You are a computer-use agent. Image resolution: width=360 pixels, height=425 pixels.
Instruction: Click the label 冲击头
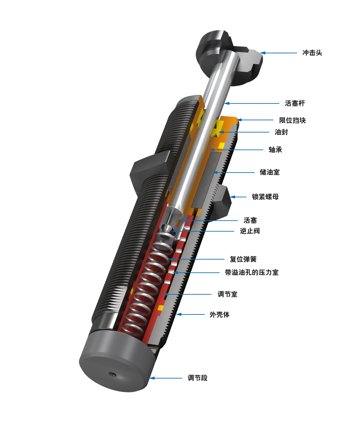312,53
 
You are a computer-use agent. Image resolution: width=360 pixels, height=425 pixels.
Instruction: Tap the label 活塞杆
295,103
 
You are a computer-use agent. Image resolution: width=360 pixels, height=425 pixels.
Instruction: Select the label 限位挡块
292,120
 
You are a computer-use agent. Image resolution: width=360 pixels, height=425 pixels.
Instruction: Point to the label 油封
281,132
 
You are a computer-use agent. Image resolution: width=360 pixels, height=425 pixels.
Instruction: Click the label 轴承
275,150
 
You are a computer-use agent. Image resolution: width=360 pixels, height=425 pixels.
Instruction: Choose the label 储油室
270,172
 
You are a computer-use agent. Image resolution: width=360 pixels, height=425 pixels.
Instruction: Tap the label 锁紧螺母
265,197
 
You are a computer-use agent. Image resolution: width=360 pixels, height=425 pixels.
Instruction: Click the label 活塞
250,220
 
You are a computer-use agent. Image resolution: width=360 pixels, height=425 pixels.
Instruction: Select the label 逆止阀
250,231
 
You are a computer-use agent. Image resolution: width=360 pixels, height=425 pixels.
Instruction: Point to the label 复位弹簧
243,259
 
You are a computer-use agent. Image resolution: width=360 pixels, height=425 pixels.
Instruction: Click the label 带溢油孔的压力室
252,273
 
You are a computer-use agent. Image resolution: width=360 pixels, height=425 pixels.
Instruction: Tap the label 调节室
227,294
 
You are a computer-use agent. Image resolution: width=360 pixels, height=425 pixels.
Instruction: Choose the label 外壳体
219,314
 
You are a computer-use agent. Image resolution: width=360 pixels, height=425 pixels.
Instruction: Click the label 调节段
198,378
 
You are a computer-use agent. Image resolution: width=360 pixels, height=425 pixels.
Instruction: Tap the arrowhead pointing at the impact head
262,53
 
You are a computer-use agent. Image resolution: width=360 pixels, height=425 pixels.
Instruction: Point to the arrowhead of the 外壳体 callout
179,314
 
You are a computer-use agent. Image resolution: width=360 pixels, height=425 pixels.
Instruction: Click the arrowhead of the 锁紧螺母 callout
232,197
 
